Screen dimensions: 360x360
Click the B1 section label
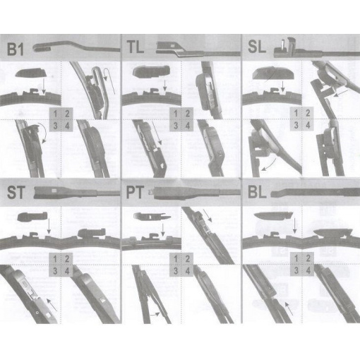click(16, 49)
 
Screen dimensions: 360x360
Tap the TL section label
click(136, 47)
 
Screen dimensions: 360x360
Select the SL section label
click(257, 47)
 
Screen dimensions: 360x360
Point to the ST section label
click(16, 192)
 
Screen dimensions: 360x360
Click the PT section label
click(135, 192)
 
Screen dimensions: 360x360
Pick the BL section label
click(257, 192)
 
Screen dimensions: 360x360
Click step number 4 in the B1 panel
click(67, 126)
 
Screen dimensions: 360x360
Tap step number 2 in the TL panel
click(187, 114)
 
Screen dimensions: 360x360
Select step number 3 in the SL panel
click(296, 125)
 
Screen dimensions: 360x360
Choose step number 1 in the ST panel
click(55, 259)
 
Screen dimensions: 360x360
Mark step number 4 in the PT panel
click(187, 270)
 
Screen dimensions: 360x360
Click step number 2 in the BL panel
click(308, 258)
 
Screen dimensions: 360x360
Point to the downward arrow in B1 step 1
click(43, 86)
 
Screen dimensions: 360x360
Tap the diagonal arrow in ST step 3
click(52, 304)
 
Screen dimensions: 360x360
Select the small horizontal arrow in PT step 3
click(155, 314)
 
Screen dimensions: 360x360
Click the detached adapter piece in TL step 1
click(151, 71)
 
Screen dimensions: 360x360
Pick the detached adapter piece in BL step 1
click(273, 215)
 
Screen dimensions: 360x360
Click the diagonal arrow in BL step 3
click(289, 308)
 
